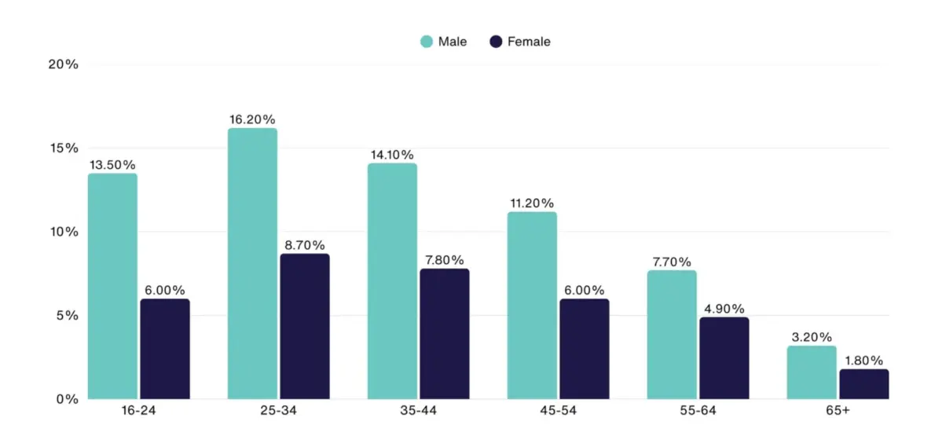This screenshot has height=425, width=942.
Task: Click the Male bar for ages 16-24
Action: click(x=112, y=287)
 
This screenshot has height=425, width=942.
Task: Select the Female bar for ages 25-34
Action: click(x=305, y=327)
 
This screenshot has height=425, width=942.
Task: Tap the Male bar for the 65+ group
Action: click(x=812, y=372)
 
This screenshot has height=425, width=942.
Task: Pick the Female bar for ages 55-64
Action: click(x=724, y=358)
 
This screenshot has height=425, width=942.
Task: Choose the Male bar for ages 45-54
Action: click(x=532, y=306)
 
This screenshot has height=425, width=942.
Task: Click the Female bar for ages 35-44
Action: click(x=445, y=334)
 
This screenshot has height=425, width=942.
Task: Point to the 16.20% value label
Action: click(x=252, y=119)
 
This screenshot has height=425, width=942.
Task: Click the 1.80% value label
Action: click(x=864, y=361)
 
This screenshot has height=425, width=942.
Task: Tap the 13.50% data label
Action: click(x=112, y=165)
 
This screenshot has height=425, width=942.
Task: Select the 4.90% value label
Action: click(x=724, y=309)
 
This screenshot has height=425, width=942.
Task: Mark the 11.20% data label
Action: click(x=532, y=203)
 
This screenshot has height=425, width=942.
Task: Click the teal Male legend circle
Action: click(x=427, y=42)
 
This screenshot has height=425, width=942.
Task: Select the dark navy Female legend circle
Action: click(x=496, y=42)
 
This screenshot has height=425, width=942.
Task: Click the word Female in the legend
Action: click(x=529, y=42)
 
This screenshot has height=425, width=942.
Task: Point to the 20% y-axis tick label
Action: click(x=64, y=64)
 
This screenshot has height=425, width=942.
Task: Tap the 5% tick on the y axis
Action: click(x=67, y=316)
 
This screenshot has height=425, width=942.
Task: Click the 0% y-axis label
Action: click(x=67, y=399)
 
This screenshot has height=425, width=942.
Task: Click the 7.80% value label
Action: click(x=445, y=260)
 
